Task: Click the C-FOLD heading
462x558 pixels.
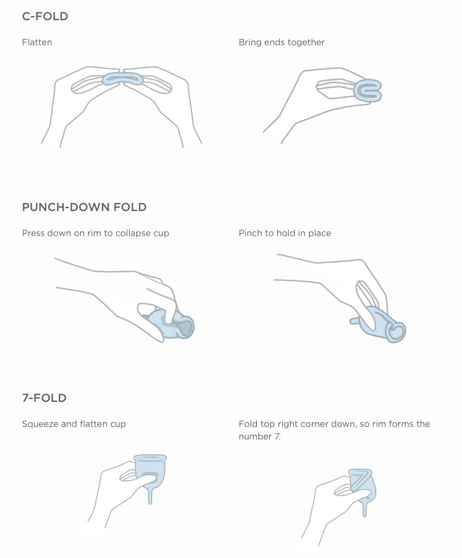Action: [x=45, y=16]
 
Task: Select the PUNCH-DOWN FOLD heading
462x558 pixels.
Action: [x=84, y=207]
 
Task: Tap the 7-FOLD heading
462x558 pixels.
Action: [x=44, y=398]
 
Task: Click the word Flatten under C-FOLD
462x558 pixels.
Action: [x=37, y=42]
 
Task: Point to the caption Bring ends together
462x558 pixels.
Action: [x=282, y=42]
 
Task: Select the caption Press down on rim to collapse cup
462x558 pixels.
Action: [x=96, y=233]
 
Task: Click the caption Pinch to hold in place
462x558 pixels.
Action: [x=285, y=233]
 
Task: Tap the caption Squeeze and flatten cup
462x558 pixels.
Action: [x=74, y=424]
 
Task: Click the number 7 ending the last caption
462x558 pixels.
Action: [x=277, y=436]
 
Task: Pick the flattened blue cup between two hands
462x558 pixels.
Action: [x=123, y=79]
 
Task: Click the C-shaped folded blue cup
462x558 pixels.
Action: [x=368, y=91]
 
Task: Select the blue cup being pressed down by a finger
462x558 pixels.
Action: [x=170, y=325]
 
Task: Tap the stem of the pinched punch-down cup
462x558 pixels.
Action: [x=355, y=321]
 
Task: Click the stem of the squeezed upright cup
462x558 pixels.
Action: [x=150, y=495]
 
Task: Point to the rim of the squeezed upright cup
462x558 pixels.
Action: [x=150, y=457]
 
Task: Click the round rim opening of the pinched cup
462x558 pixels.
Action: [x=396, y=332]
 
